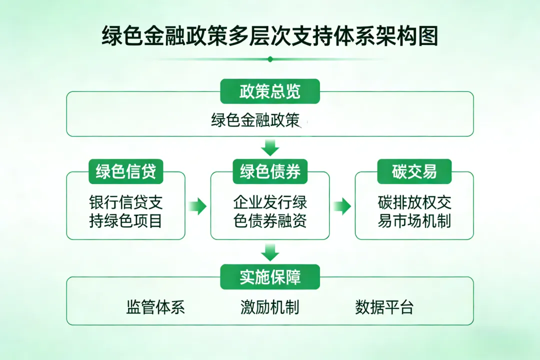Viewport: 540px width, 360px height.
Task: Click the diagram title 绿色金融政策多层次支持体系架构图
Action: tap(270, 36)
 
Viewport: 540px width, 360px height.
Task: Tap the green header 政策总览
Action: tap(270, 91)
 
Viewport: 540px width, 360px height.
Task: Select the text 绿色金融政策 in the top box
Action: tap(255, 120)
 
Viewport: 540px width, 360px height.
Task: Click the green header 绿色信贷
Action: tap(126, 171)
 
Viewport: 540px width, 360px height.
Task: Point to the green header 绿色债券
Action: tap(270, 171)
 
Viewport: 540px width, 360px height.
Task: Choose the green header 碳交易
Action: tap(414, 171)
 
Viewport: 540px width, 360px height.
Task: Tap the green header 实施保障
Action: tap(270, 277)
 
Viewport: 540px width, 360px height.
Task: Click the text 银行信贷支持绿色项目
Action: tap(126, 211)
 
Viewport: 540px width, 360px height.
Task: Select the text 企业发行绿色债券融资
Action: tap(270, 211)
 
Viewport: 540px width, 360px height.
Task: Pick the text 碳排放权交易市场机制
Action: tap(414, 211)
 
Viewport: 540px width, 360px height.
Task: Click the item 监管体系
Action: tap(155, 307)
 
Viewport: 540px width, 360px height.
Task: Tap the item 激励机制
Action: tap(270, 307)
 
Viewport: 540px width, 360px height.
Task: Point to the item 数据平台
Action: tap(384, 307)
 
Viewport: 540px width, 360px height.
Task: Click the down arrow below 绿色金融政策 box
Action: tap(270, 147)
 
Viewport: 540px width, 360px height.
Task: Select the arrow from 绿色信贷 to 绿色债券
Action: tap(198, 205)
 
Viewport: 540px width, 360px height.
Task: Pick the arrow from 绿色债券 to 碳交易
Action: tap(342, 205)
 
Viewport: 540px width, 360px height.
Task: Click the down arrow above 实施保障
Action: tap(270, 252)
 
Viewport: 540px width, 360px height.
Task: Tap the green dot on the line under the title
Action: tap(270, 59)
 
